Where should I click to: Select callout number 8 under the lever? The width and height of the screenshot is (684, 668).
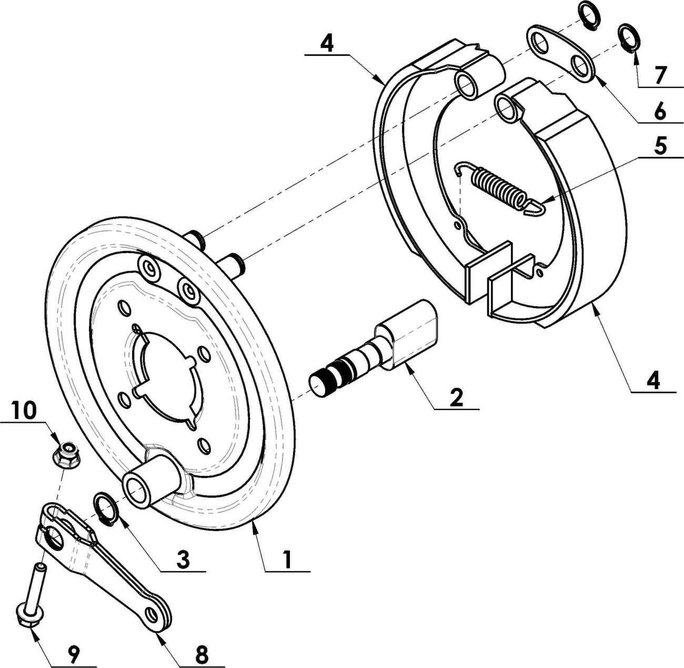202,644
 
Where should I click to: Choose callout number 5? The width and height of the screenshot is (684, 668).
660,147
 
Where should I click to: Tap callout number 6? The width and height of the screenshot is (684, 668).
659,112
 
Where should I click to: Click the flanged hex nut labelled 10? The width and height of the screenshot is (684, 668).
66,454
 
